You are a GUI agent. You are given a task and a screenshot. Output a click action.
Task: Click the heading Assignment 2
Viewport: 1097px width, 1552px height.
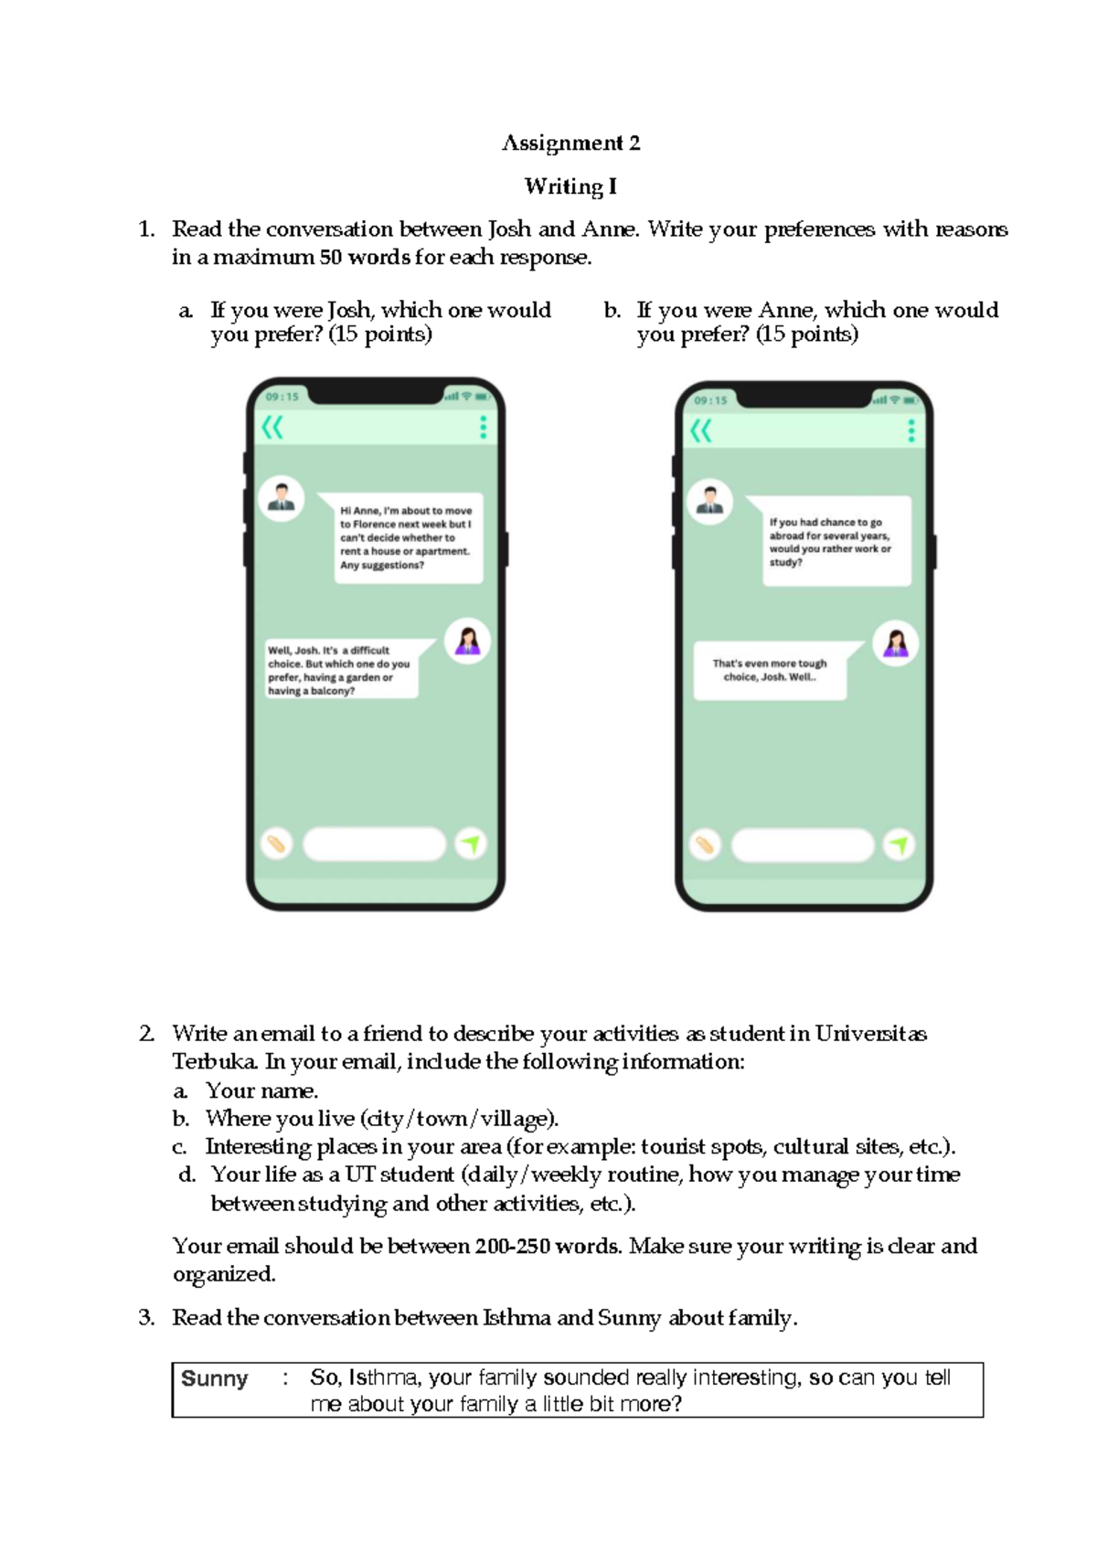pos(570,143)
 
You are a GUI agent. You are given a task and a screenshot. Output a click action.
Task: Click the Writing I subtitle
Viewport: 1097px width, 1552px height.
pos(570,186)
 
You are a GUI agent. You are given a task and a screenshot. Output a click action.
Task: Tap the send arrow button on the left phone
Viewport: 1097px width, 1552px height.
pos(471,844)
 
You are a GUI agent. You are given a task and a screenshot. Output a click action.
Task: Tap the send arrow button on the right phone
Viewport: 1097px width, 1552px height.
pos(899,845)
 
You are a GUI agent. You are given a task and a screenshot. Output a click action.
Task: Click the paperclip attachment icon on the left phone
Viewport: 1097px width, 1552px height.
pos(276,844)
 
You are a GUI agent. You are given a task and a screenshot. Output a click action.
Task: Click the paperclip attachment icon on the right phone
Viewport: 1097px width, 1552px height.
pos(705,845)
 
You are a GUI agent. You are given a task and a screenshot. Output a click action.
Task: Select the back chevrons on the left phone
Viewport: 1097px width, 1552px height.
pos(272,428)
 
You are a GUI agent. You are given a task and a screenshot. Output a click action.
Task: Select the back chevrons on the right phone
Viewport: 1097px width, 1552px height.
pos(700,431)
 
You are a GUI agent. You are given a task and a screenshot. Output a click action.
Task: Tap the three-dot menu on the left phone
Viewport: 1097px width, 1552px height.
pos(483,428)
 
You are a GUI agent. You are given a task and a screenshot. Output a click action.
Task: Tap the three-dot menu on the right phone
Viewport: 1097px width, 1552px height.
pos(911,431)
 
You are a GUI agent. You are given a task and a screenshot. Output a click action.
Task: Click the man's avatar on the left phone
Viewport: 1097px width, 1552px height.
pos(282,498)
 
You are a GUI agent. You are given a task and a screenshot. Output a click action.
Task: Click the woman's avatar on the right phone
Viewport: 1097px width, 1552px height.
pos(895,643)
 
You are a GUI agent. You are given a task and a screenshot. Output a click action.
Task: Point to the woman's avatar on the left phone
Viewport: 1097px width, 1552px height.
pos(468,640)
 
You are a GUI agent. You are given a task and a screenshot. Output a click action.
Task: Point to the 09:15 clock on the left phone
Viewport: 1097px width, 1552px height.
pos(282,397)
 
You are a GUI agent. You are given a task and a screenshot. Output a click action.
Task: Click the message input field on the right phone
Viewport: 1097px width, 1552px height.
pos(804,845)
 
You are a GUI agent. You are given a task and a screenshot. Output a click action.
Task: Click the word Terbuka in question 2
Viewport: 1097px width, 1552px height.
pos(216,1061)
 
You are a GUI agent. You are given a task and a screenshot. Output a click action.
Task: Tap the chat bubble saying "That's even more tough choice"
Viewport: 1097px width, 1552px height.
pos(770,671)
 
